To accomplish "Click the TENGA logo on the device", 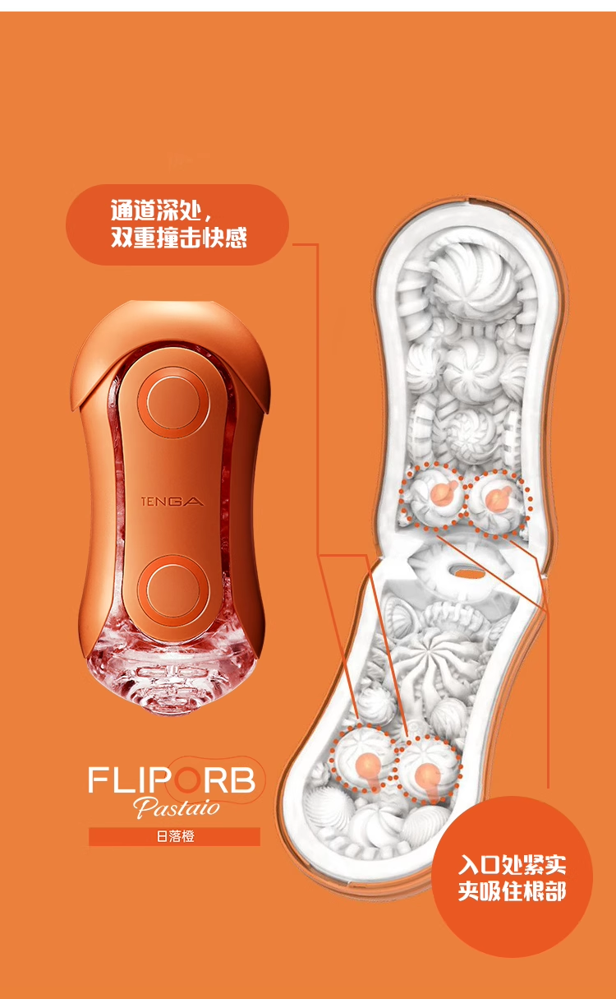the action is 172,502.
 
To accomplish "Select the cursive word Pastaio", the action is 177,807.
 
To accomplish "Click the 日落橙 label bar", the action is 174,837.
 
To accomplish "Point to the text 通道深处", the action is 156,210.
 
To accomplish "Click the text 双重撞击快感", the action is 178,238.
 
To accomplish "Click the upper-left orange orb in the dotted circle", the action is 441,492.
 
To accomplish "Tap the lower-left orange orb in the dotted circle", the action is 366,768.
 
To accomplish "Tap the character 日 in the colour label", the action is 161,837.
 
